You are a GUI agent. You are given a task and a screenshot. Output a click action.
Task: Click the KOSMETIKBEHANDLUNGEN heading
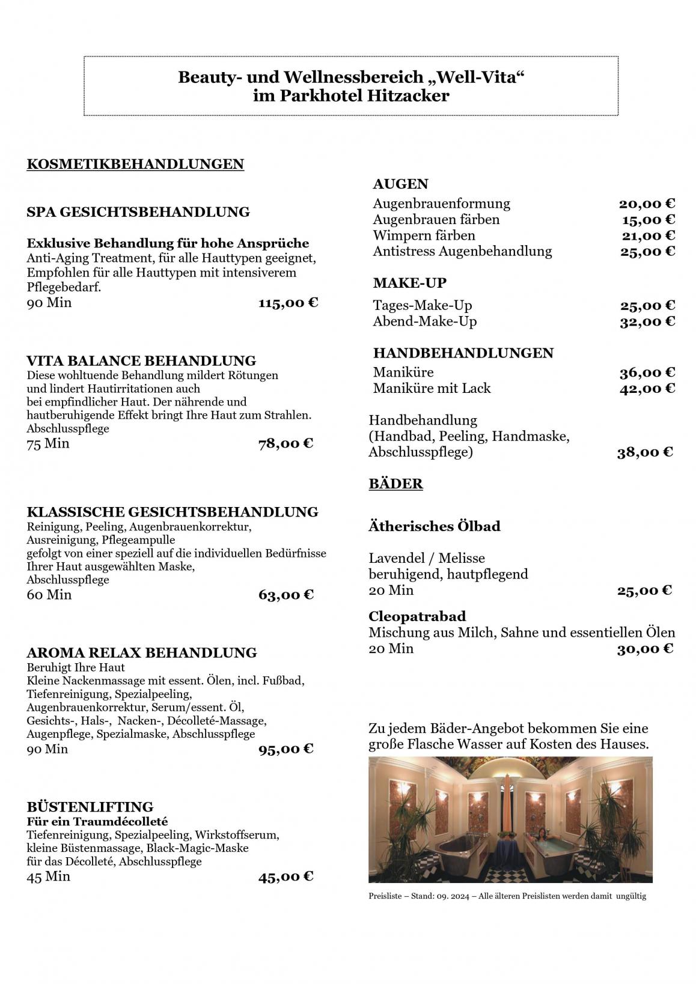[x=135, y=164]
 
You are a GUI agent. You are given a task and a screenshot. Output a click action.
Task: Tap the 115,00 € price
[x=288, y=303]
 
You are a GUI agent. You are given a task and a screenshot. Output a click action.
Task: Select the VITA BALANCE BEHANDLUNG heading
[x=141, y=361]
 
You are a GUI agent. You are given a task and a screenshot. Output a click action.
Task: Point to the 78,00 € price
[x=285, y=444]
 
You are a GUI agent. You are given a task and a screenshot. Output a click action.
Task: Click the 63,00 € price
[x=286, y=595]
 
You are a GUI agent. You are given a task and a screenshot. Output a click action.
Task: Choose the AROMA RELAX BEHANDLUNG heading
[x=142, y=652]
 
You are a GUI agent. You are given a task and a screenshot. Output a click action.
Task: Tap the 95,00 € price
[x=286, y=749]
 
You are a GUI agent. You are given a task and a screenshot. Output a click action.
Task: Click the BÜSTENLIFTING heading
[x=90, y=807]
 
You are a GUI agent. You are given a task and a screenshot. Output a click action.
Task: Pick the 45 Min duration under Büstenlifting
[x=49, y=876]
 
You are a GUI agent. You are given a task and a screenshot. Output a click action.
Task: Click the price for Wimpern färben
[x=648, y=235]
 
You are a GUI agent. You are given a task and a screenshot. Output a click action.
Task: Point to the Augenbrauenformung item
[x=441, y=204]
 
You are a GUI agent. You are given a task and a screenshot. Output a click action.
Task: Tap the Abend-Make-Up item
[x=424, y=321]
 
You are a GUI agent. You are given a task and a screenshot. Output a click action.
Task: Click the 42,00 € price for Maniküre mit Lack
[x=647, y=388]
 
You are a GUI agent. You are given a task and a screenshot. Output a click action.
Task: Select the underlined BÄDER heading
[x=395, y=484]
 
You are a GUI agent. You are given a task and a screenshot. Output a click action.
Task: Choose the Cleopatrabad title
[x=417, y=616]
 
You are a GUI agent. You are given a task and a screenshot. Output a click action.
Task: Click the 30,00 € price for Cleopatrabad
[x=645, y=649]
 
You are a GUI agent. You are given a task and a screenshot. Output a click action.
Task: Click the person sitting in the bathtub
[x=546, y=834]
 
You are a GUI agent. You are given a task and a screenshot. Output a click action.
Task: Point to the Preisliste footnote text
[x=507, y=896]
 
